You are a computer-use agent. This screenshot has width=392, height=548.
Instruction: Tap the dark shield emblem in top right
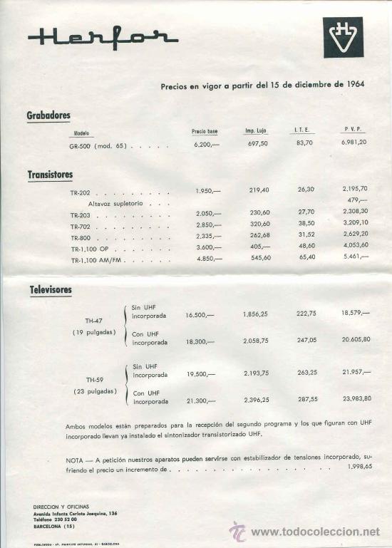pos(342,36)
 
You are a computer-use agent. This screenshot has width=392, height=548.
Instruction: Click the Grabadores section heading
pos(48,115)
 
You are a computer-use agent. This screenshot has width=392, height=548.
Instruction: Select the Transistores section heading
pos(50,174)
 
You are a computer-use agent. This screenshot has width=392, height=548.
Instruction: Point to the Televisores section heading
pos(50,290)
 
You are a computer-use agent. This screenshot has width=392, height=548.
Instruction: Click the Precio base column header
pos(205,131)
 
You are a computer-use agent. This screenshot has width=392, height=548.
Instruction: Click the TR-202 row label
pos(80,192)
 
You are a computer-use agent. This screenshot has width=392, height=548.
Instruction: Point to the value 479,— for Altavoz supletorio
pos(358,200)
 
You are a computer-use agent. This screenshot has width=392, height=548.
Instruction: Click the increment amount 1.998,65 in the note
pos(358,466)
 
